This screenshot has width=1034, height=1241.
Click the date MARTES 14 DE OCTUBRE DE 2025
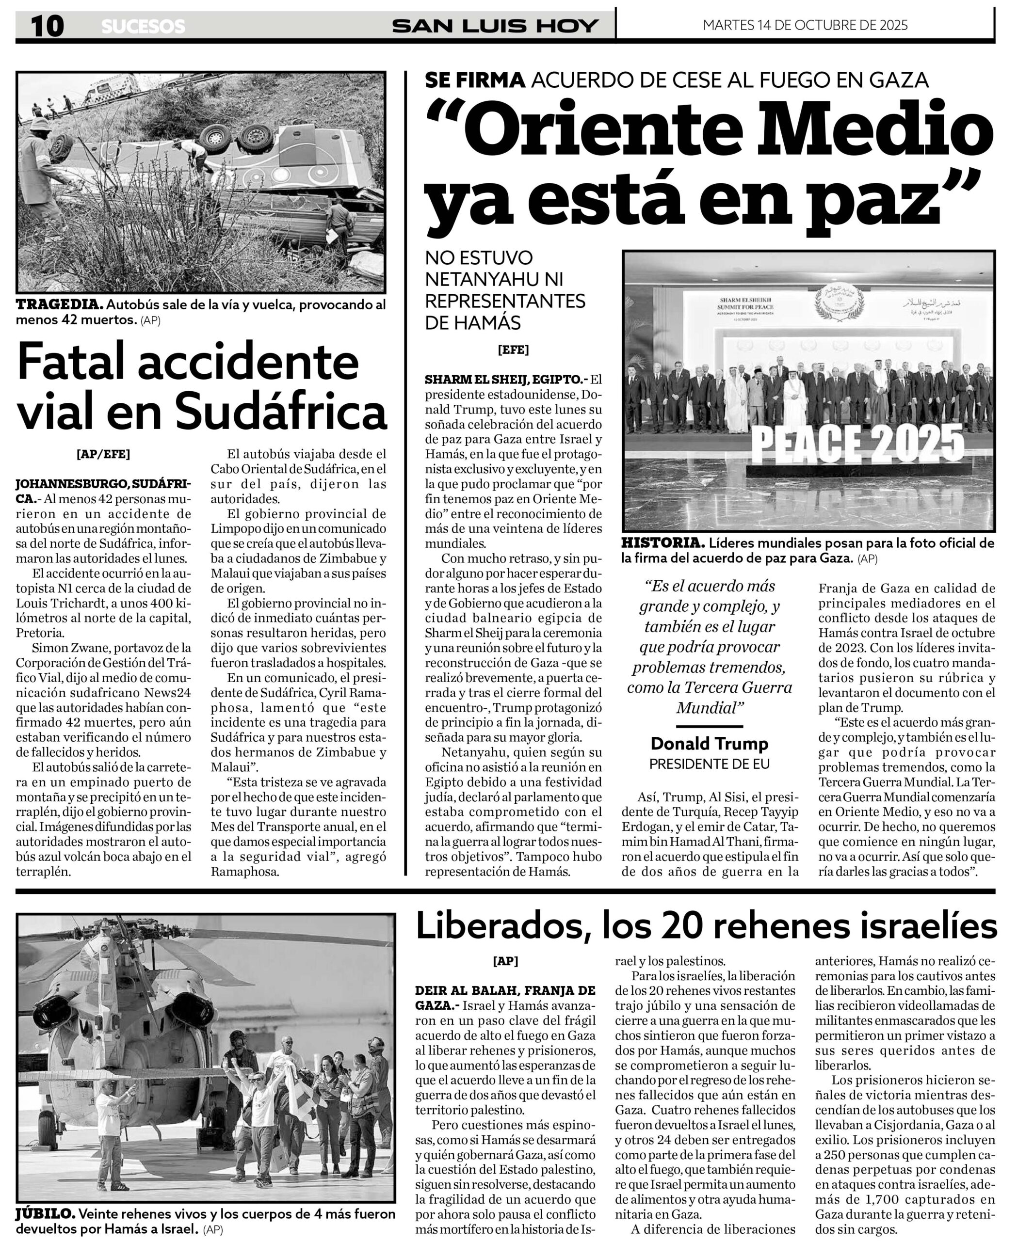(x=805, y=25)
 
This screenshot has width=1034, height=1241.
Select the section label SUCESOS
(x=143, y=27)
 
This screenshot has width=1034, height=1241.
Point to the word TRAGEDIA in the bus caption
(x=60, y=305)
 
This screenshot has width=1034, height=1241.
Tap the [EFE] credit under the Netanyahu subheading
(x=513, y=350)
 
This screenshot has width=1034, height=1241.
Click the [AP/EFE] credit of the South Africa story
(x=103, y=454)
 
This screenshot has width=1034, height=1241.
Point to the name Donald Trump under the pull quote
(x=710, y=744)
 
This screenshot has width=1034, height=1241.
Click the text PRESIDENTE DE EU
(x=710, y=764)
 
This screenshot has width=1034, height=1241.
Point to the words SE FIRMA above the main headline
(x=475, y=80)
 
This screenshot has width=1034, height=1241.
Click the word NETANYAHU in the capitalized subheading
(x=494, y=279)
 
